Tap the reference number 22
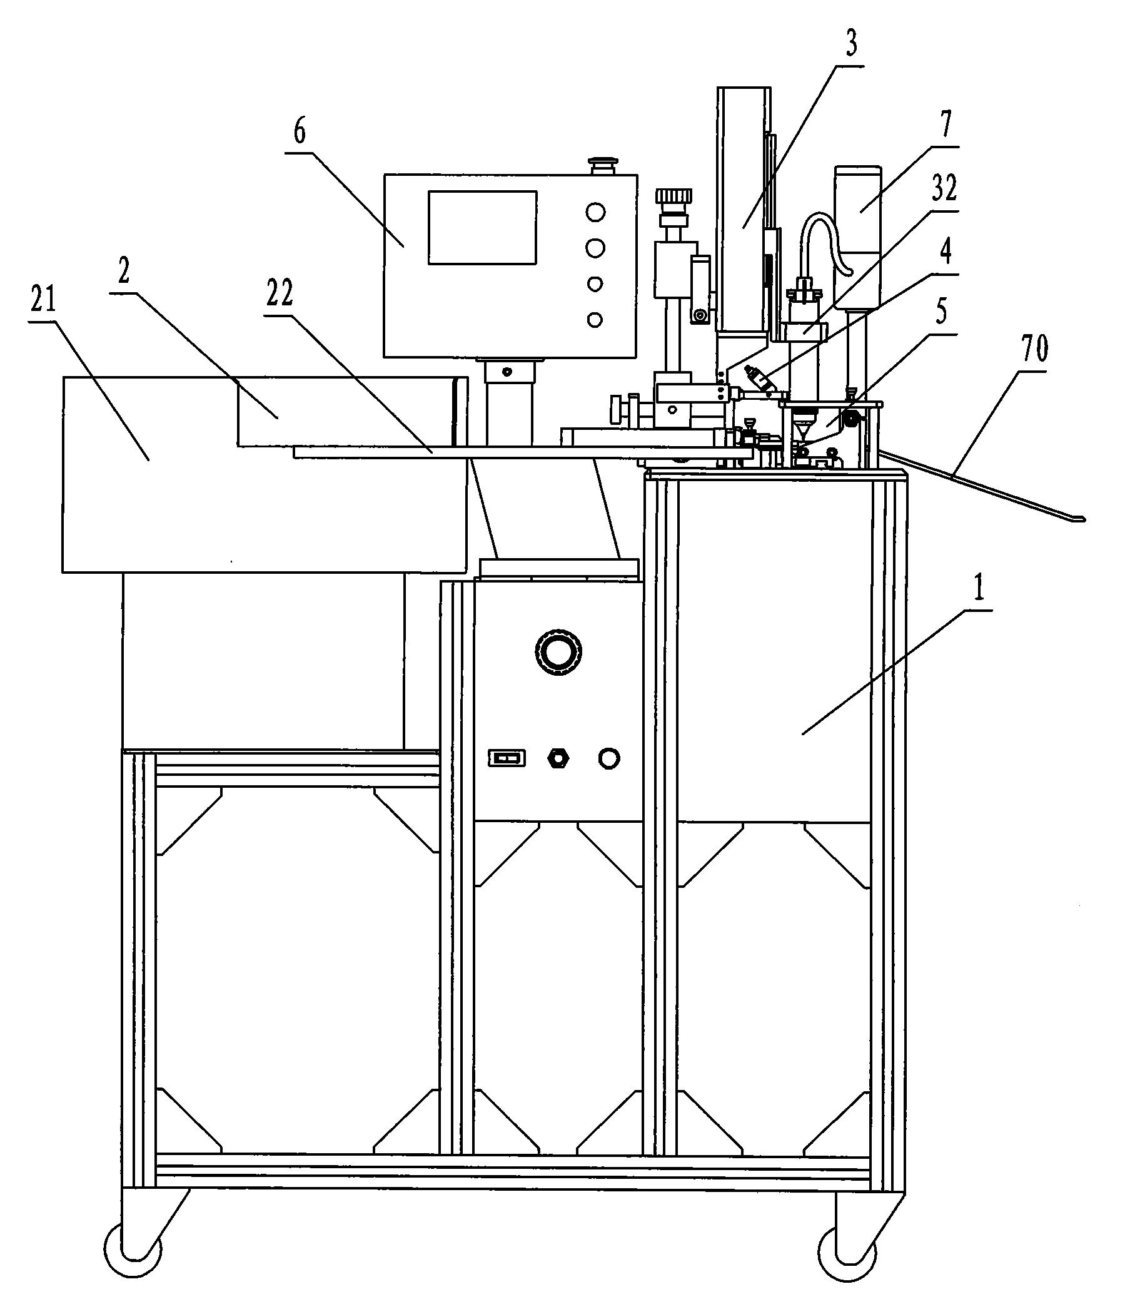280,293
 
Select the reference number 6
299,131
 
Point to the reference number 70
1034,349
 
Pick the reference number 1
979,591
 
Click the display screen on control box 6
482,228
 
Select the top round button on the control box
595,212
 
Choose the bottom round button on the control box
595,320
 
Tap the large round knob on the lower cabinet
558,651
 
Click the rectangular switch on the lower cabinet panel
507,758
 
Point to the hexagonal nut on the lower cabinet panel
557,758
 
